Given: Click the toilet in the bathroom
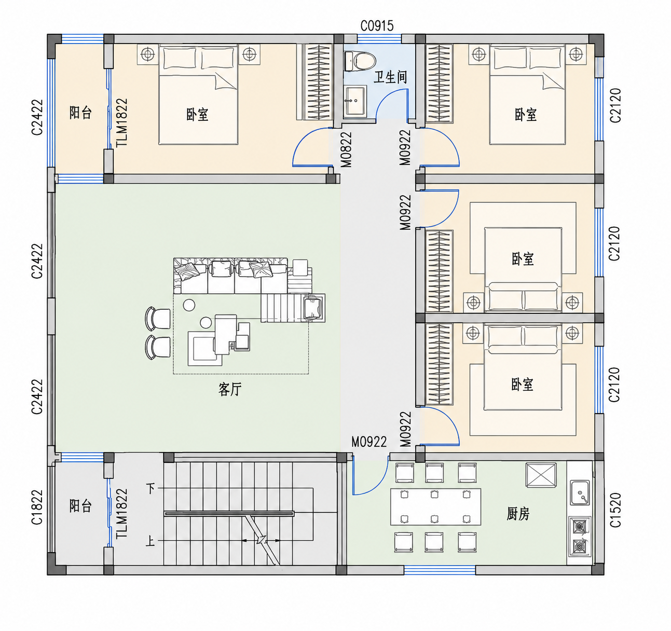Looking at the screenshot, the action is coord(360,61).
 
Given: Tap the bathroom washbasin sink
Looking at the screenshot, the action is coord(355,101).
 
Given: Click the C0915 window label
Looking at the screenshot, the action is coord(377,26).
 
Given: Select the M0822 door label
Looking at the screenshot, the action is coord(346,149).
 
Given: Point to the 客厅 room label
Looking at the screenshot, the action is coord(230,389).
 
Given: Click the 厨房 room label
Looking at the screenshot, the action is coord(518,514).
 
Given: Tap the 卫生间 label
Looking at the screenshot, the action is coord(390,77).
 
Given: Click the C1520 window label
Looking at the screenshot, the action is coord(615,510).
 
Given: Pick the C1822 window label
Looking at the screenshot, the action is coord(37,507).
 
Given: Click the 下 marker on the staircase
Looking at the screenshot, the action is coord(150,488).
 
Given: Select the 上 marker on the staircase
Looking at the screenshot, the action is coord(150,541).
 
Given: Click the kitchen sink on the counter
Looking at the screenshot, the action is coord(580,493).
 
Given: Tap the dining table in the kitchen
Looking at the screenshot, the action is coord(435,506).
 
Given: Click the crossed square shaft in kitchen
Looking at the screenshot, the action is coord(541,475).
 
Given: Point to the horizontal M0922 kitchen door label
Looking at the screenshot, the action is coord(369,442).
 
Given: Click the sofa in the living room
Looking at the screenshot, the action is coord(231,276).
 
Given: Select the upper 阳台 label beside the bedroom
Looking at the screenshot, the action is coord(80,112).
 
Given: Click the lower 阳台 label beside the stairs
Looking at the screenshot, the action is coord(80,505).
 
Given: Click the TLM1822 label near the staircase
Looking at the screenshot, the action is coord(121,514).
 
